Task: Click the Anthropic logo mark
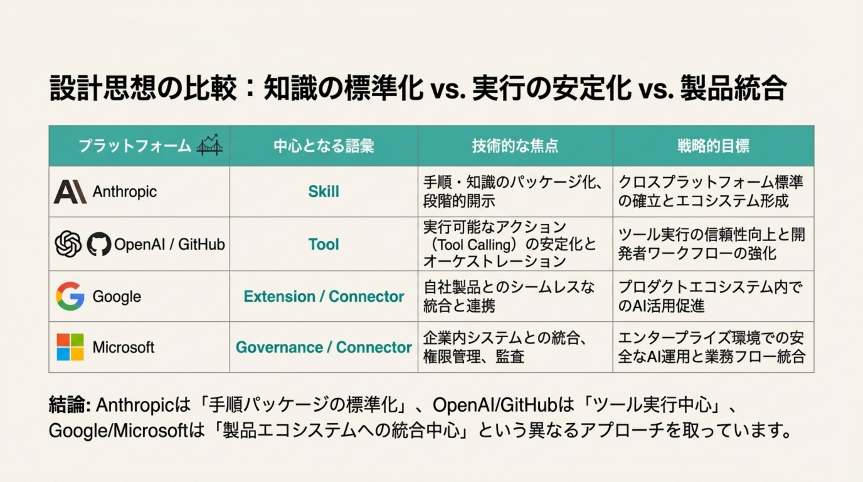click(70, 192)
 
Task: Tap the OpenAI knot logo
click(68, 244)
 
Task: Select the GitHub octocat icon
click(99, 244)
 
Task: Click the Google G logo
click(70, 296)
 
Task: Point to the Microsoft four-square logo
click(70, 347)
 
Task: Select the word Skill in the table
click(324, 191)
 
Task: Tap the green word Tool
click(324, 244)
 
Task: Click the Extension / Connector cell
click(324, 296)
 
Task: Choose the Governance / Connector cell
click(324, 347)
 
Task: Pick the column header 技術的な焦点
click(515, 146)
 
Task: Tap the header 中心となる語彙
click(324, 146)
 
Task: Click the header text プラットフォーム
click(135, 146)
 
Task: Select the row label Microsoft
click(123, 347)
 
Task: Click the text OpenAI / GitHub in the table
click(170, 244)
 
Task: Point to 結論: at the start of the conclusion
click(70, 405)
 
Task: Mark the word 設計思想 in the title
click(102, 88)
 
